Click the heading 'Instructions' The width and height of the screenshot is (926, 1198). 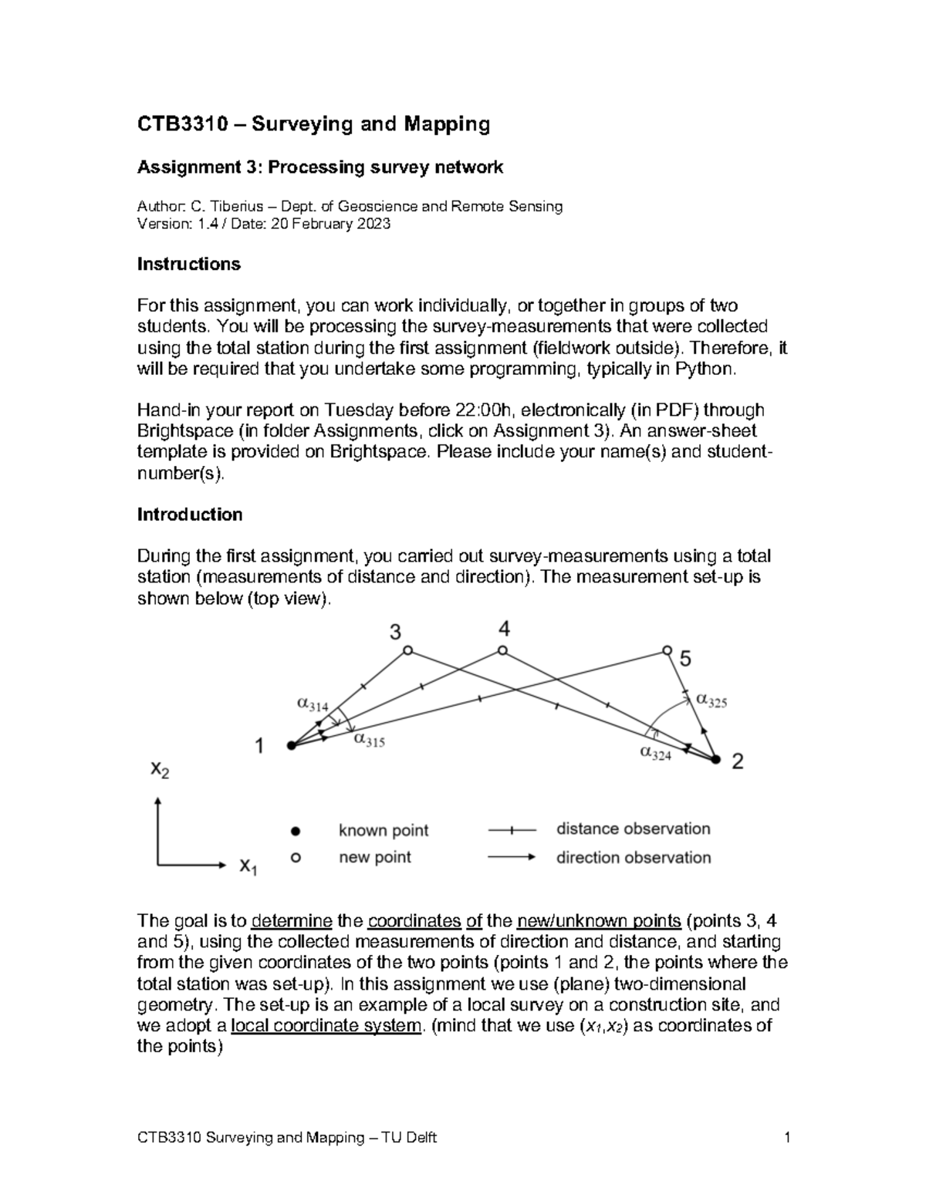coord(188,265)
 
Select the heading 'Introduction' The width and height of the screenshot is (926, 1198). coord(189,515)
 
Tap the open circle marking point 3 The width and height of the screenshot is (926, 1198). coord(407,651)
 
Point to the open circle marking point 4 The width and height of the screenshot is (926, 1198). coord(502,650)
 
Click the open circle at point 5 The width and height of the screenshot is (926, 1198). coord(667,650)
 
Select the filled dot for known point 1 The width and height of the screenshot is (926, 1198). coord(291,745)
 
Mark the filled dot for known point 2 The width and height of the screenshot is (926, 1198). coord(715,760)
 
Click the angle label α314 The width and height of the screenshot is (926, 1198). coord(313,704)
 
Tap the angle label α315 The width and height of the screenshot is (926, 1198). coord(369,741)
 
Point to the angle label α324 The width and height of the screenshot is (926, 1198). coord(655,754)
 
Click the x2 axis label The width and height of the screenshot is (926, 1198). coord(160,769)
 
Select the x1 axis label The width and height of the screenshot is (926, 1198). coord(248,866)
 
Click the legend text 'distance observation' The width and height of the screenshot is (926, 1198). coord(633,829)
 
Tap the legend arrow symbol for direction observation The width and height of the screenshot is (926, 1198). coord(512,857)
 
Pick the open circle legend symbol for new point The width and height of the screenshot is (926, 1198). coord(294,857)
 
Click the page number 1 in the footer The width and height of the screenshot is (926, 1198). coord(786,1138)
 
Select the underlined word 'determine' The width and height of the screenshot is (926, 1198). coord(292,921)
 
